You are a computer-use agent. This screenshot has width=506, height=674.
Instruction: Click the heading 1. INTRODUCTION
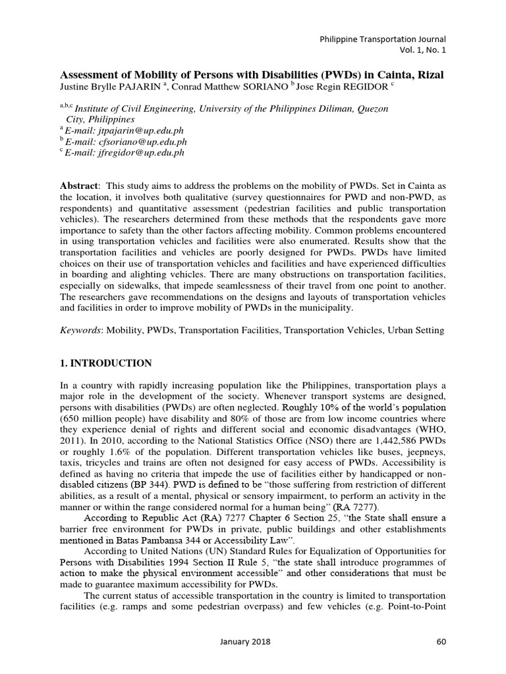(x=105, y=363)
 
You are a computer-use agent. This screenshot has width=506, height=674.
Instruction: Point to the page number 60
(x=441, y=641)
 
